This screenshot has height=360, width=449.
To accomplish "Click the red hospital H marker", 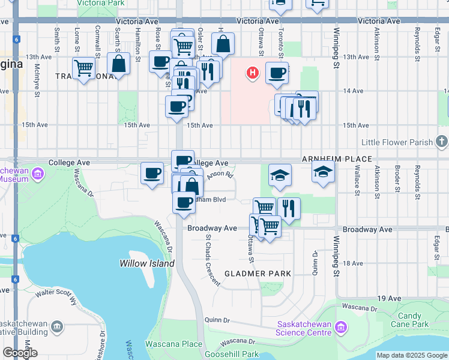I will [253, 73].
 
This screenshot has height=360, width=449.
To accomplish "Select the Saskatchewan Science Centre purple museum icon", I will [341, 327].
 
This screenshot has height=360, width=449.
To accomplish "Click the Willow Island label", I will [146, 263].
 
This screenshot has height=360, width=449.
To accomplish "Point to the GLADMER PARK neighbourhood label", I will [258, 274].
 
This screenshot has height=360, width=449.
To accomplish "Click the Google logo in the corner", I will [20, 353].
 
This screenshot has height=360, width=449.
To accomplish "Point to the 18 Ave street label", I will [354, 263].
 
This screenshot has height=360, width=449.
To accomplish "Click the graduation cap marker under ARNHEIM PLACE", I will [323, 172].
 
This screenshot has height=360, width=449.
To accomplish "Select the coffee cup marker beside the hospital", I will [276, 73].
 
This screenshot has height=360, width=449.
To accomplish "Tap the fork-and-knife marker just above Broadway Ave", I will [289, 209].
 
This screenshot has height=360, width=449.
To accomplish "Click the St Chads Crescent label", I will [213, 259].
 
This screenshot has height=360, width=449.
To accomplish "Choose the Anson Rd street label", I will [219, 176].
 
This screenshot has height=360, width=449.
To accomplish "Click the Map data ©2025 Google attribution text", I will [411, 355].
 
